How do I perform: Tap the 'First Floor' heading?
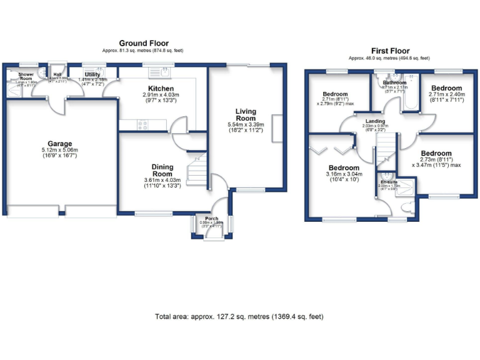389,51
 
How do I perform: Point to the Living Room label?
246,115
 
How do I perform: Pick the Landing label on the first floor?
375,121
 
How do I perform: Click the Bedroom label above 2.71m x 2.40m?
446,88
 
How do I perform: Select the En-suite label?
389,182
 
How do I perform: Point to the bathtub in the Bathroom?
410,97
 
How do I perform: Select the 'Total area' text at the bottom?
239,317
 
